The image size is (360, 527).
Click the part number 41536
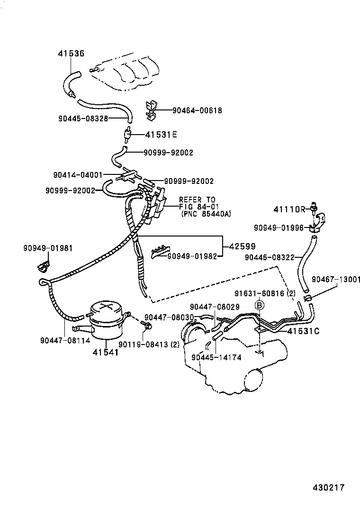point(71,55)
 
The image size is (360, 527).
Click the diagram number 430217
point(328,487)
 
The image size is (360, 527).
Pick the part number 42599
point(243,246)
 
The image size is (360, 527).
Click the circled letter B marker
point(259,306)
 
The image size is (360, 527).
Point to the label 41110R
point(290,209)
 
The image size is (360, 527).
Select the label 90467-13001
point(336,280)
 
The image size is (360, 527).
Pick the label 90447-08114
point(64,339)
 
